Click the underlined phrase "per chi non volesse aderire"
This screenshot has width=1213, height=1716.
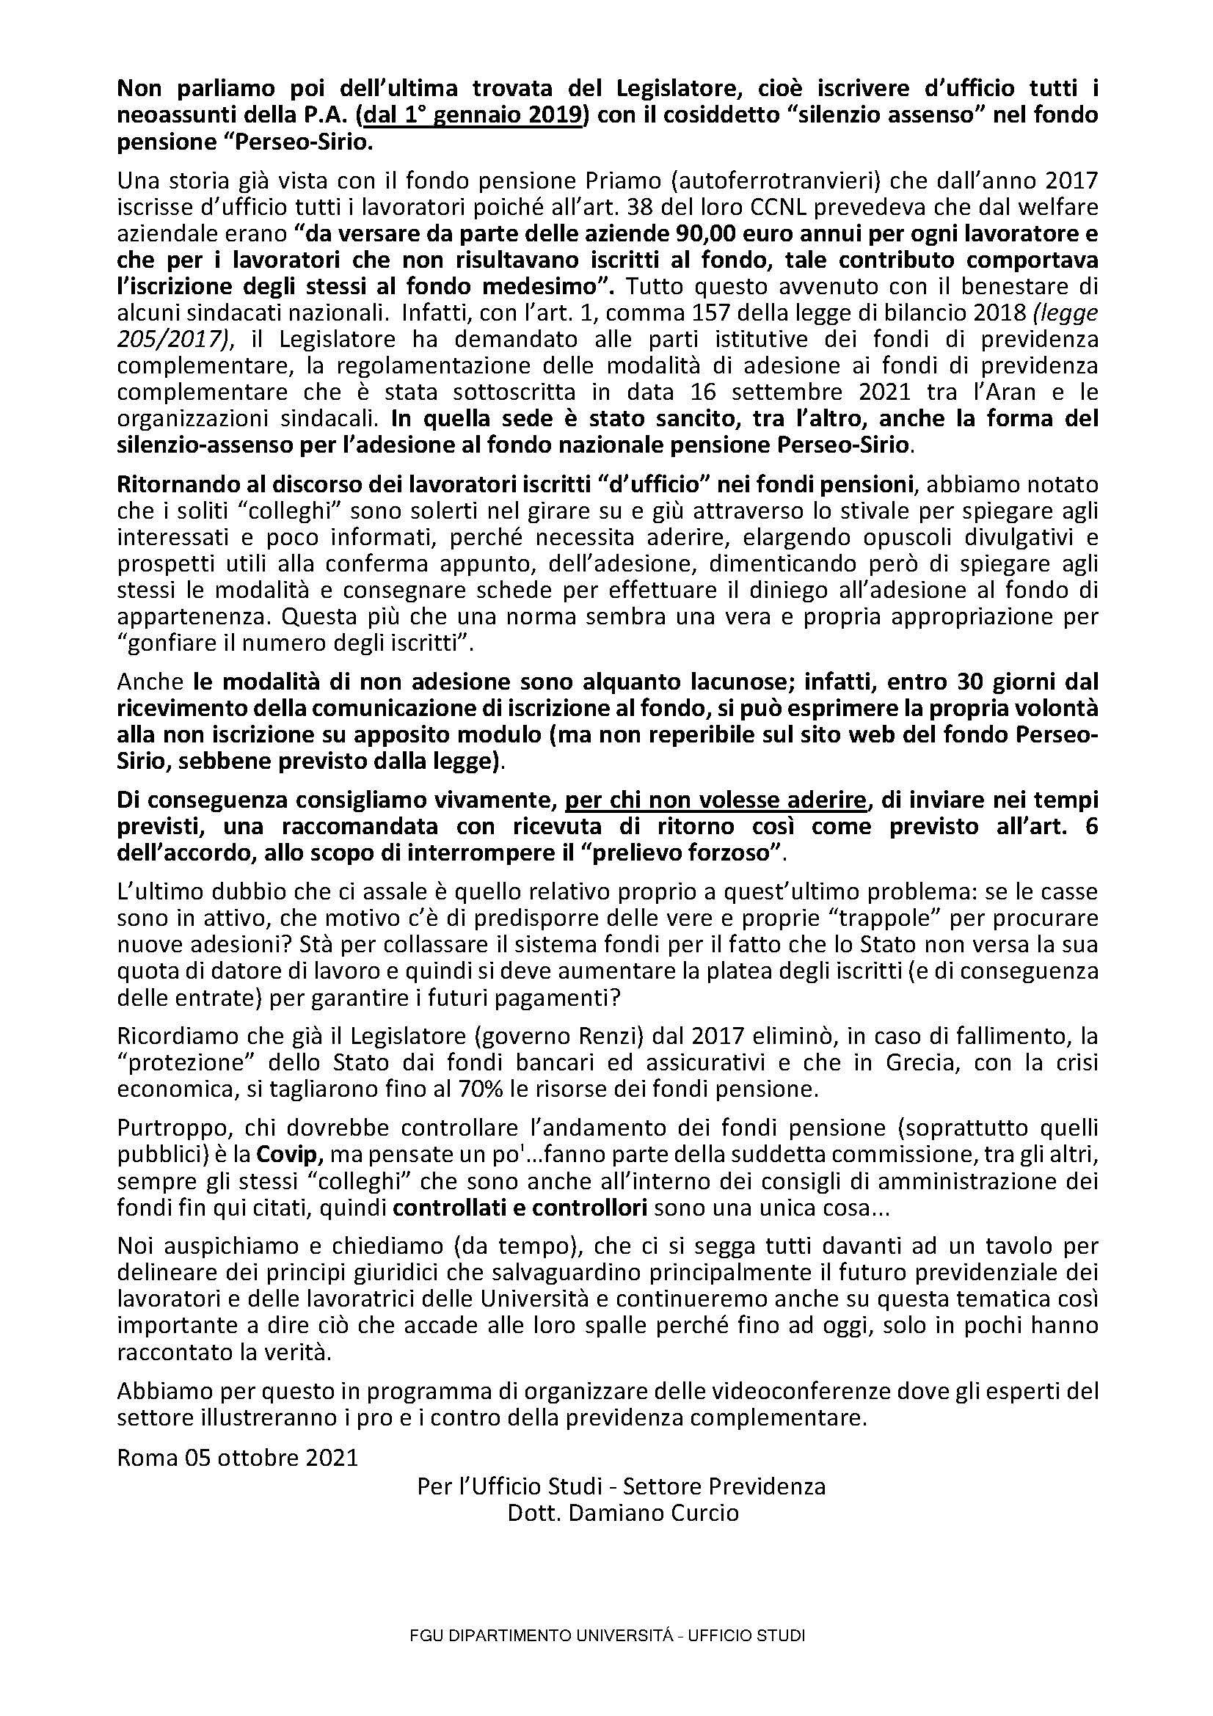point(715,800)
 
